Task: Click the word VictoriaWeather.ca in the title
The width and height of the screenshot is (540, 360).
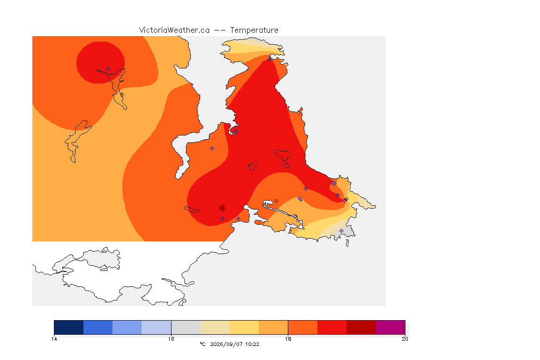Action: pyautogui.click(x=174, y=30)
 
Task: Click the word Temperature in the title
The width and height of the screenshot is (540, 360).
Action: pyautogui.click(x=254, y=30)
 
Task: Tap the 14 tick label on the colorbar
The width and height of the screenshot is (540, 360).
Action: pyautogui.click(x=54, y=339)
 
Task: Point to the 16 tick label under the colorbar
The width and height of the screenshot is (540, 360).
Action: pyautogui.click(x=171, y=339)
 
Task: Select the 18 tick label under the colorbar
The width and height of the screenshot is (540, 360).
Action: pyautogui.click(x=288, y=339)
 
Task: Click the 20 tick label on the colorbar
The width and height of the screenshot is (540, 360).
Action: pyautogui.click(x=405, y=339)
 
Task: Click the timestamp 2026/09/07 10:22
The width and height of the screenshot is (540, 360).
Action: pyautogui.click(x=234, y=344)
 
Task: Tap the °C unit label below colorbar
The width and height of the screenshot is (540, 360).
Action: pyautogui.click(x=202, y=344)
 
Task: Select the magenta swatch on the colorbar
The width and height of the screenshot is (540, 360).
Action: pyautogui.click(x=390, y=327)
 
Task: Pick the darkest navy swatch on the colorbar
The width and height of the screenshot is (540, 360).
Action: pyautogui.click(x=69, y=327)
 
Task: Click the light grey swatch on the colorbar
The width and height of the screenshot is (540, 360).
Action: pyautogui.click(x=186, y=327)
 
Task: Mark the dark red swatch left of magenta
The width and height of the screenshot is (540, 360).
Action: pyautogui.click(x=361, y=327)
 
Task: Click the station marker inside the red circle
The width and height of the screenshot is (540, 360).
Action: pyautogui.click(x=108, y=68)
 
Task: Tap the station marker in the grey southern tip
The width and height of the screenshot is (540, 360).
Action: pyautogui.click(x=341, y=231)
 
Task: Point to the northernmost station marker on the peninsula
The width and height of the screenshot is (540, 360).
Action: pyautogui.click(x=270, y=59)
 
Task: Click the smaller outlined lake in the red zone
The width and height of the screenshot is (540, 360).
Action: pyautogui.click(x=254, y=166)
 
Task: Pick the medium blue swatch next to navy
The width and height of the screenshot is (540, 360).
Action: pyautogui.click(x=98, y=327)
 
